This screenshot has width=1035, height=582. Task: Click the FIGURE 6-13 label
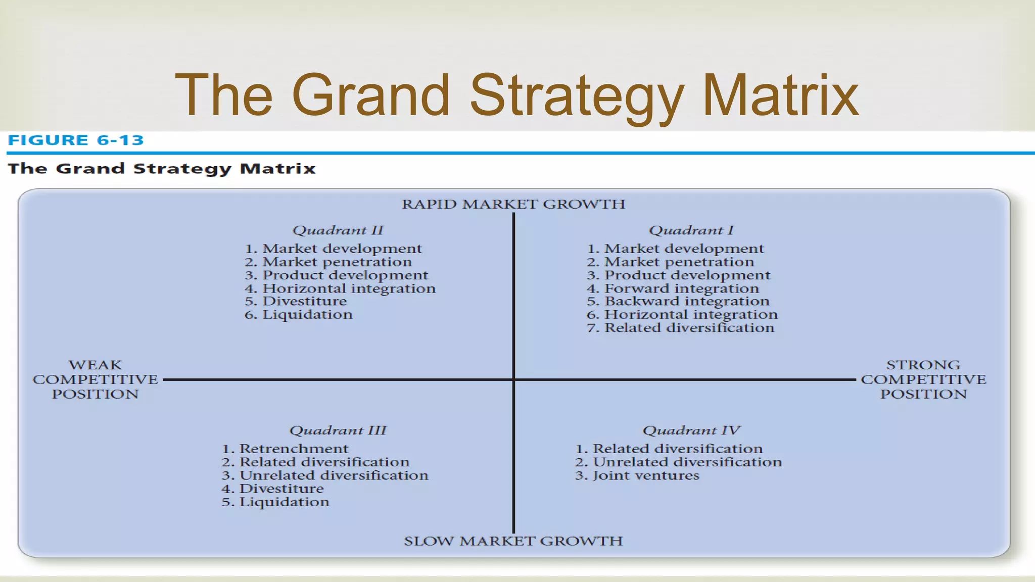(x=76, y=140)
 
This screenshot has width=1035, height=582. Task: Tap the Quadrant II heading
(x=338, y=230)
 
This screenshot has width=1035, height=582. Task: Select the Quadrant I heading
(x=691, y=230)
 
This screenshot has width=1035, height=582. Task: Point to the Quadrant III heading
(x=338, y=430)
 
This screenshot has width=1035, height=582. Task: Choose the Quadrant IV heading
(x=691, y=430)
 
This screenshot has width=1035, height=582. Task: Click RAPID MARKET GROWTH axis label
(x=513, y=204)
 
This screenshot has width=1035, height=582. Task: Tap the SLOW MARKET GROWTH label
(x=513, y=541)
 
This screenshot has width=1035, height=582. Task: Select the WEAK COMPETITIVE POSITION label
(x=95, y=379)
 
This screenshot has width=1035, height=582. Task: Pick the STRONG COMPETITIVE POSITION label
(x=923, y=379)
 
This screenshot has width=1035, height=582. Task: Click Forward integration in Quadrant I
(x=681, y=288)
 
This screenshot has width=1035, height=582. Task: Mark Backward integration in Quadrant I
(x=686, y=302)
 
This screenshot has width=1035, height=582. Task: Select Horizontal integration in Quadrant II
(x=348, y=288)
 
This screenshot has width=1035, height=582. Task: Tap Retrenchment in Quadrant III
(x=293, y=449)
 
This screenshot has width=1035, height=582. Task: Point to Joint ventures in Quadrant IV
(x=645, y=475)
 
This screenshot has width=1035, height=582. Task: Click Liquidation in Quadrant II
(x=307, y=315)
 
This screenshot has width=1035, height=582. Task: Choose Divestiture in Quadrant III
(x=281, y=489)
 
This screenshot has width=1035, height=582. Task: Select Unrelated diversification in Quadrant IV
(x=686, y=462)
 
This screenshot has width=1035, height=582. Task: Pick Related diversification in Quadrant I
(x=689, y=328)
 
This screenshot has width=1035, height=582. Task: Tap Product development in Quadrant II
(x=345, y=275)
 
